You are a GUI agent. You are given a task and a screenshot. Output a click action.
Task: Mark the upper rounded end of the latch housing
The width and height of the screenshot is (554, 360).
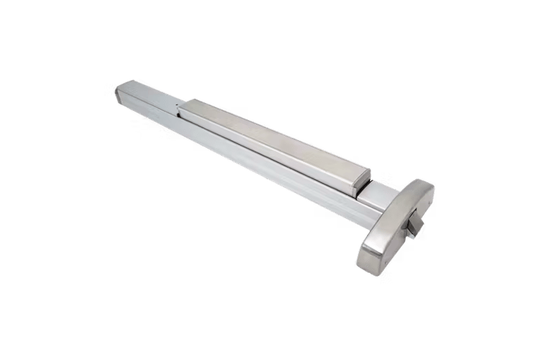pos(428,189)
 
